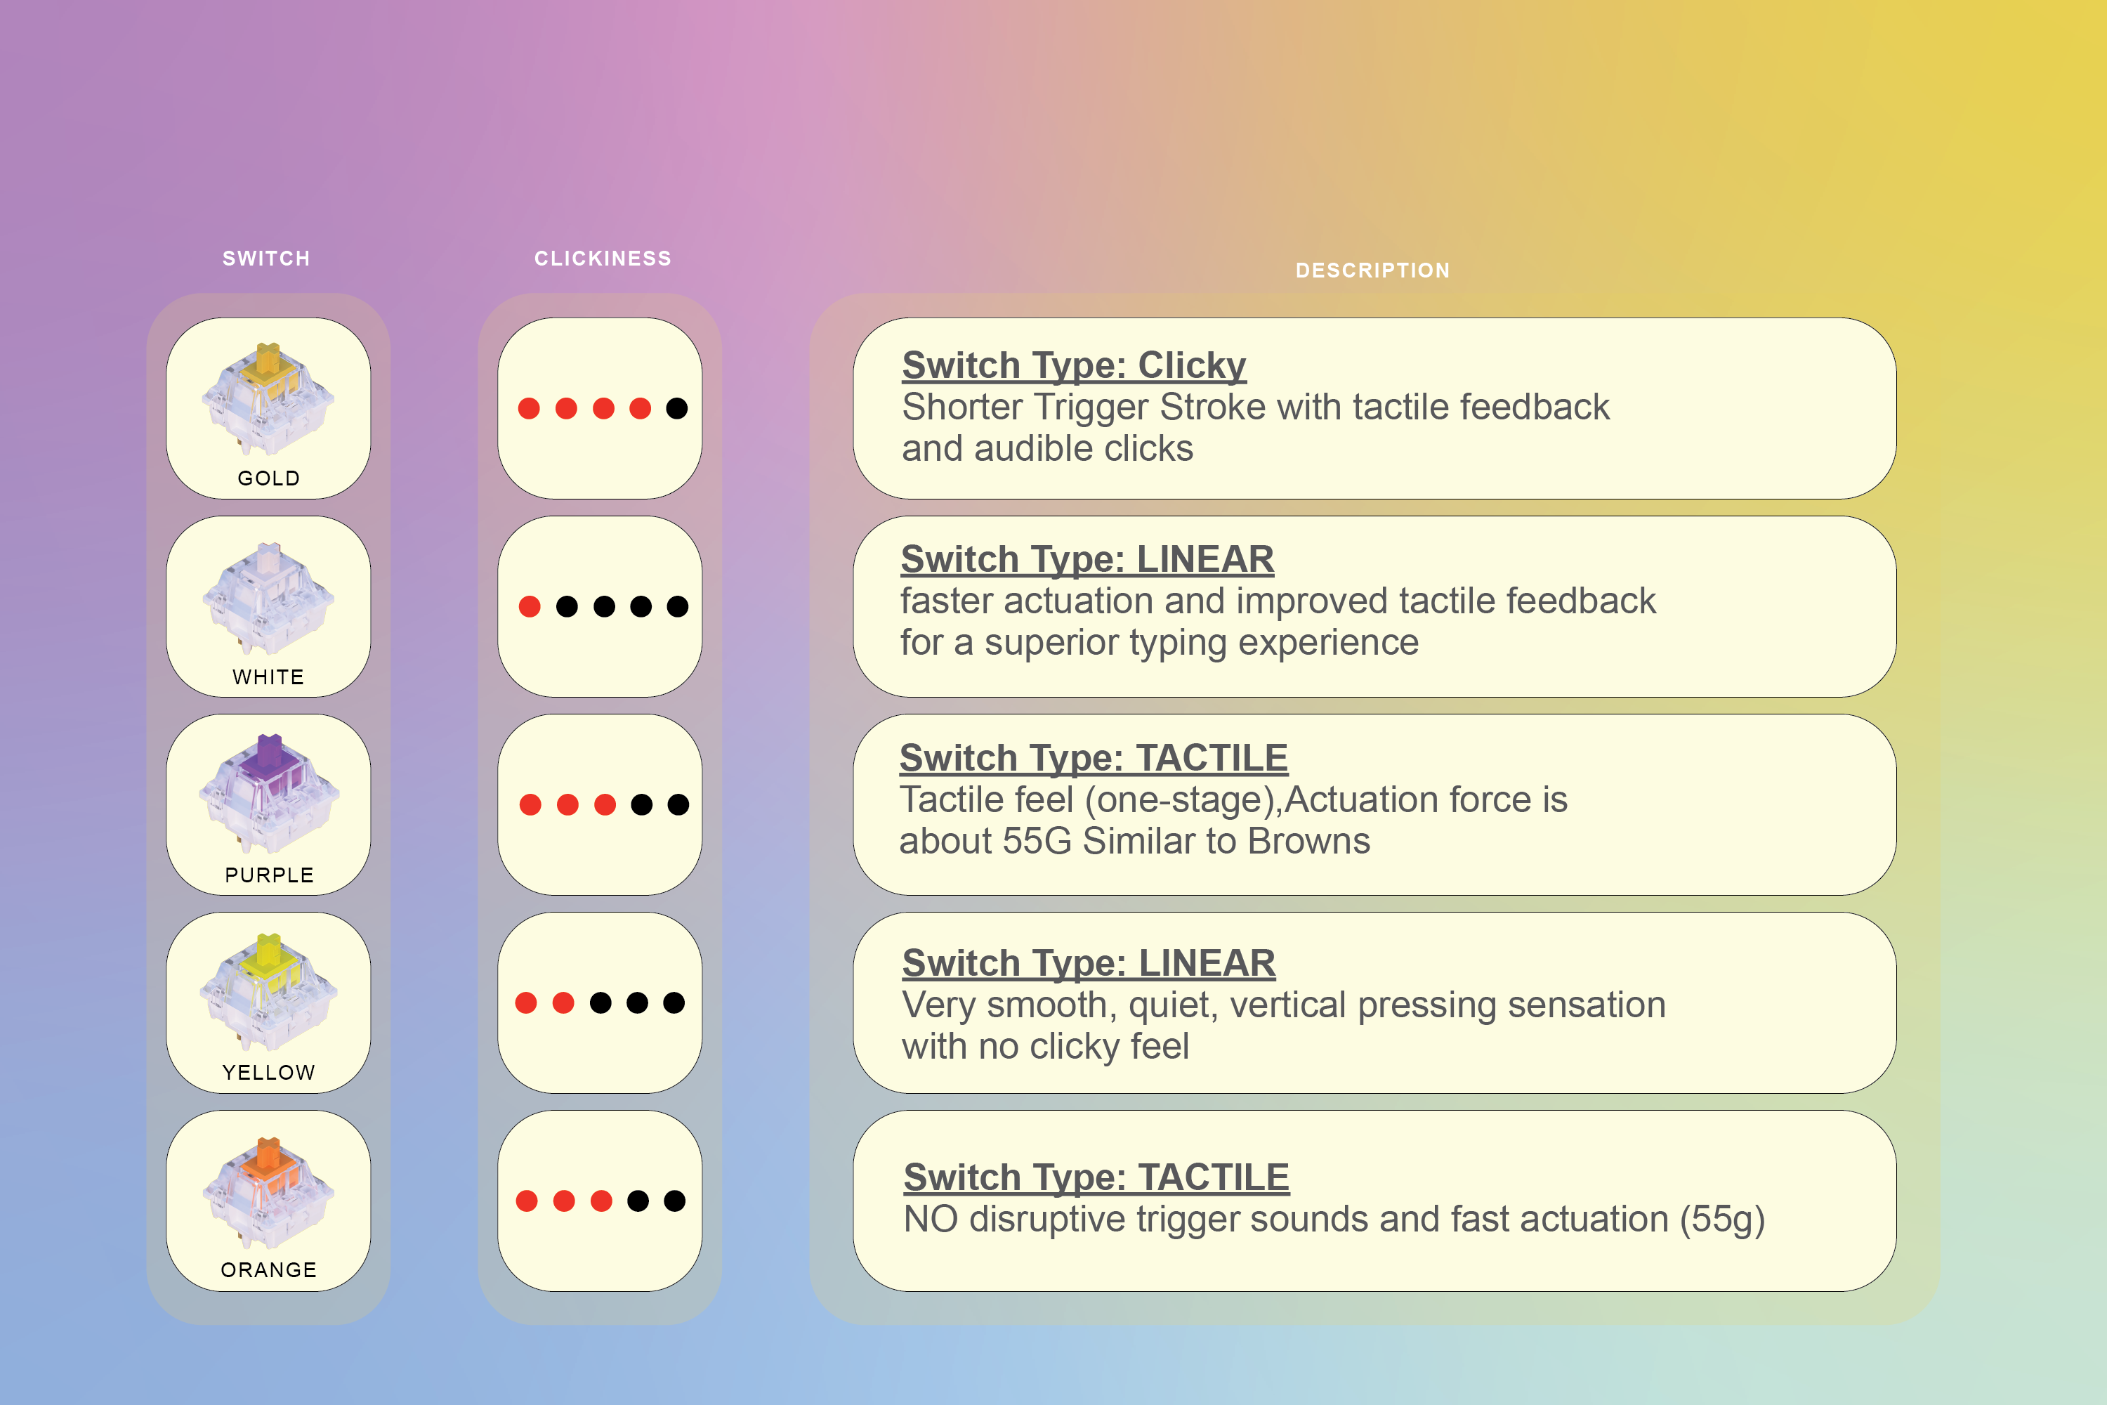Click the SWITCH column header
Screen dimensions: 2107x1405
[x=266, y=259]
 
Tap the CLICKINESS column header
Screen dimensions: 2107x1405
[x=603, y=259]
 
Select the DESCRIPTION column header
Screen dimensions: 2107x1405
[x=1372, y=270]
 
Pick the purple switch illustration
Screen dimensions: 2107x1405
[x=269, y=794]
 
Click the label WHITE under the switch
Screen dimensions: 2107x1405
[x=269, y=677]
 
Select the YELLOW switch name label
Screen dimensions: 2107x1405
[x=269, y=1073]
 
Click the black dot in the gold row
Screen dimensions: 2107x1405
[x=677, y=409]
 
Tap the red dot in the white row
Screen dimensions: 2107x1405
[x=530, y=607]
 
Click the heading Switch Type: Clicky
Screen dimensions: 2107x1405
[x=1073, y=365]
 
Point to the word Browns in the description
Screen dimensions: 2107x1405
[x=1309, y=842]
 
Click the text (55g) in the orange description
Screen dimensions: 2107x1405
[x=1722, y=1220]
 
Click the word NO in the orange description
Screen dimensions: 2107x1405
[x=931, y=1220]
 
